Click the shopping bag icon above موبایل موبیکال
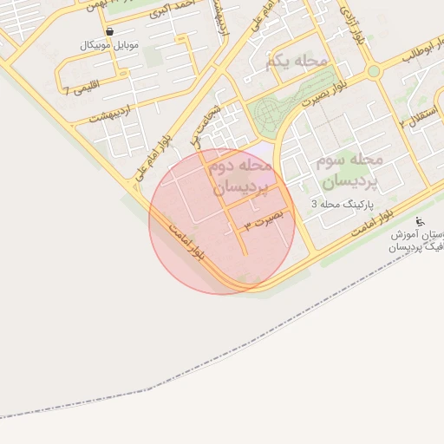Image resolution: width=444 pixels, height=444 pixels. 108,31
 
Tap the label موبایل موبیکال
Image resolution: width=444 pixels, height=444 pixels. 108,45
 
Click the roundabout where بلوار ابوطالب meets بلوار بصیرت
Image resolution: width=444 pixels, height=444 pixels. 374,70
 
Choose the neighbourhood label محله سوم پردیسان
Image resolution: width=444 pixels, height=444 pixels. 345,171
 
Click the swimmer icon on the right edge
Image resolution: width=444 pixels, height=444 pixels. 421,221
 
